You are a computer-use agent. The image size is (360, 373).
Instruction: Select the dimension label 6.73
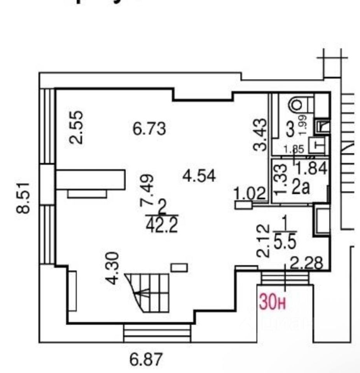(150, 129)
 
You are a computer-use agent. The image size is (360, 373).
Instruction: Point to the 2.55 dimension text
(77, 127)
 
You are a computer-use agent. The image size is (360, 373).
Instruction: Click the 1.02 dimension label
(249, 193)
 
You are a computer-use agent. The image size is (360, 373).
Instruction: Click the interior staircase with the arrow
(148, 291)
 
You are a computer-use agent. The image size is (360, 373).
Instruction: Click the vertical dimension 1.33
(282, 178)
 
